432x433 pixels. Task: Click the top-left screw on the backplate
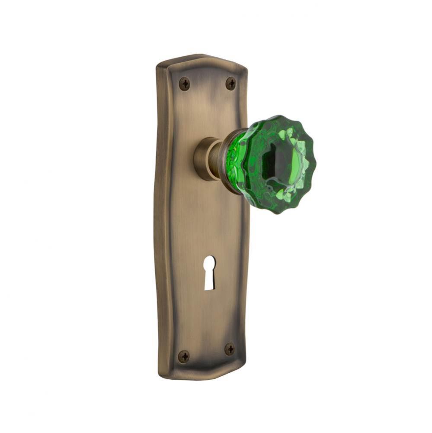coord(185,83)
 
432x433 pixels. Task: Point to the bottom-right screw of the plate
coord(230,348)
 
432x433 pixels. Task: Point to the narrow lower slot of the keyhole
coord(209,281)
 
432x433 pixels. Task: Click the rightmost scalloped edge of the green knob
coord(315,165)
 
